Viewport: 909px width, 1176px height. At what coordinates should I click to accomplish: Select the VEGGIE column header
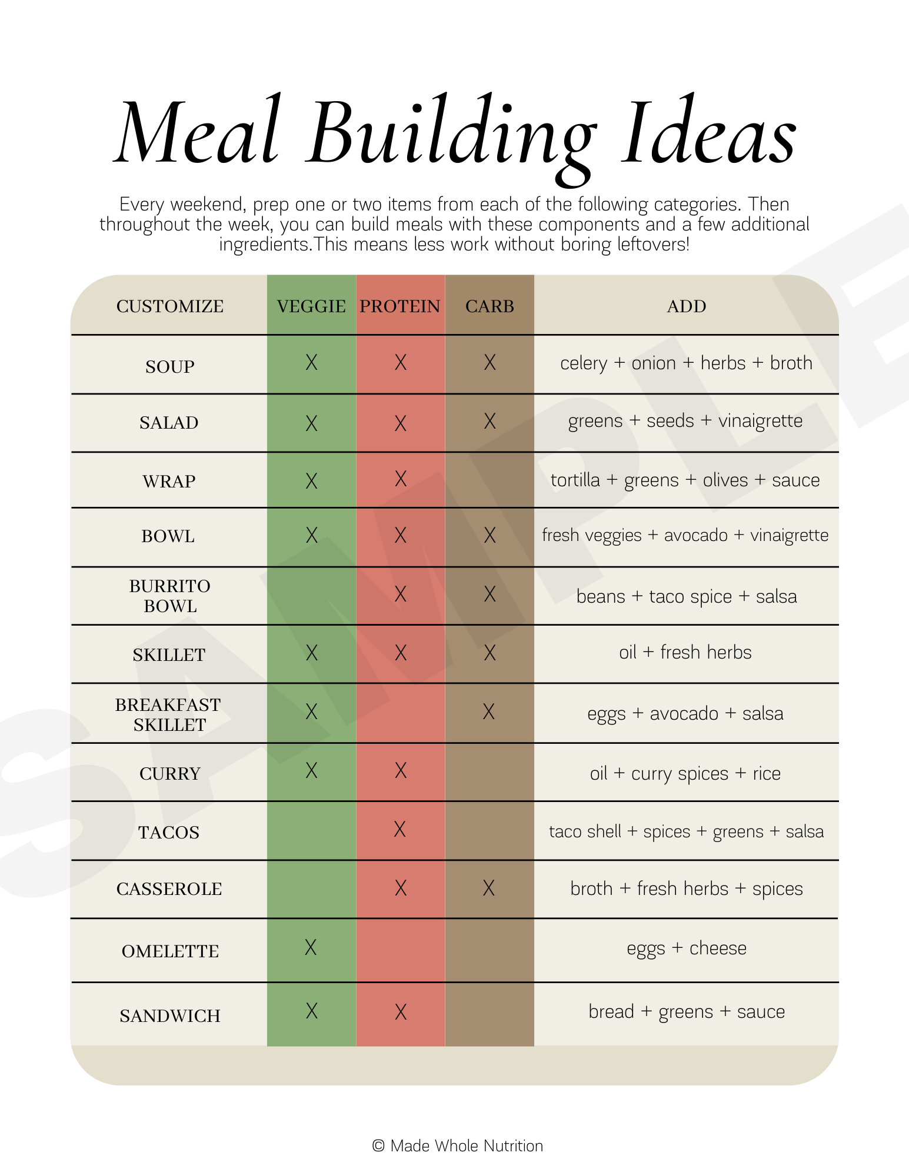coord(311,306)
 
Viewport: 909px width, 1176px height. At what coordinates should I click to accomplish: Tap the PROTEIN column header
coord(400,306)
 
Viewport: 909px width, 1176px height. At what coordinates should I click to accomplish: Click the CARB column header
coord(490,306)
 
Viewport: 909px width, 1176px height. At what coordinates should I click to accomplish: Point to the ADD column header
coord(686,306)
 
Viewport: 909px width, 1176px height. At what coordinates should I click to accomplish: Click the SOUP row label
coord(169,367)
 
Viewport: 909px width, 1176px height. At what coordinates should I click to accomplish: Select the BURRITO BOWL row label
coord(169,596)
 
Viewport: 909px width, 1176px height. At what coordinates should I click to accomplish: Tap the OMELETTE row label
coord(170,951)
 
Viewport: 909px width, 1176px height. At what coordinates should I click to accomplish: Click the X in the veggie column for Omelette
coord(311,947)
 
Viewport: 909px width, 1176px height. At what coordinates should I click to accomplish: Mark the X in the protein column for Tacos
coord(399,830)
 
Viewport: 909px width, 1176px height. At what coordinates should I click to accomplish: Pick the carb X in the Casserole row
coord(488,888)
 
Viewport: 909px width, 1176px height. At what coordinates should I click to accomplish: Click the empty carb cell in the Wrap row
coord(490,480)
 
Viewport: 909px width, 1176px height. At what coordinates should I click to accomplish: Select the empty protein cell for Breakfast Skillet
coord(400,713)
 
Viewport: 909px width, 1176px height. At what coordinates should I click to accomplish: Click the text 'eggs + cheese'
coord(686,948)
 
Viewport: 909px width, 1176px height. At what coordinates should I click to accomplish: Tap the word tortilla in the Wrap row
coord(575,480)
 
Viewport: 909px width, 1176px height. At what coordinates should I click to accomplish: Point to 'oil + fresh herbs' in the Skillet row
coord(685,653)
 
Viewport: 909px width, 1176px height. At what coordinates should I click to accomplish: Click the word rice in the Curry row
coord(766,773)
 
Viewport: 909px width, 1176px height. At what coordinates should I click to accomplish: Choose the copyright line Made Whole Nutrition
coord(458,1146)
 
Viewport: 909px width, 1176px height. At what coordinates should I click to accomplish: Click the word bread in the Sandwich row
coord(611,1011)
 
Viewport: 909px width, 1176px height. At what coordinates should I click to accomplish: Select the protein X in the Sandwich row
coord(401,1012)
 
